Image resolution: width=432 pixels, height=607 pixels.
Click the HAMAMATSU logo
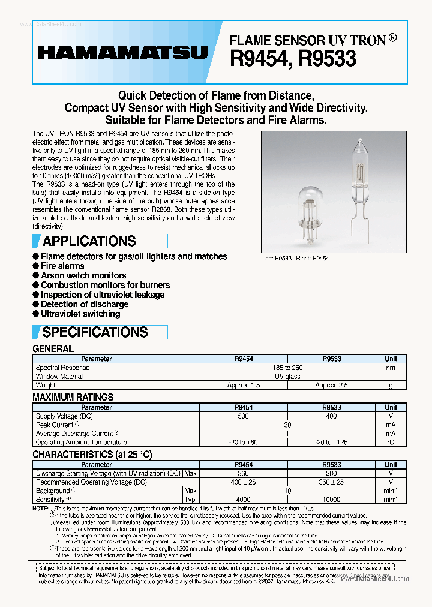[122, 53]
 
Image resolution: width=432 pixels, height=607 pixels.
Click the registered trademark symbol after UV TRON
[392, 38]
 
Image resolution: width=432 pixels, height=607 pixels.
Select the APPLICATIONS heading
[89, 241]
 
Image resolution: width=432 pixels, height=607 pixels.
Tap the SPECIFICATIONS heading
[95, 332]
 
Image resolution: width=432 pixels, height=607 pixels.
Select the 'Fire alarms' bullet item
[62, 266]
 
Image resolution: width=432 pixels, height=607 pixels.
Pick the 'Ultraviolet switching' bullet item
[80, 314]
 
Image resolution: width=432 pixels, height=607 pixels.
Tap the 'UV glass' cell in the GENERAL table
[287, 377]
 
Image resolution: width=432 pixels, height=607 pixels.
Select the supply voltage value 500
[244, 416]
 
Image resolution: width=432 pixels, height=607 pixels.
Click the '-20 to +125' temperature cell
[332, 442]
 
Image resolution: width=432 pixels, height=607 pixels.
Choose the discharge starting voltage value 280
[331, 473]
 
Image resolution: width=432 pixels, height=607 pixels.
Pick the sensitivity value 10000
[331, 500]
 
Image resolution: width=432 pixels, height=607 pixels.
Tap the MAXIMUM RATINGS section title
[73, 397]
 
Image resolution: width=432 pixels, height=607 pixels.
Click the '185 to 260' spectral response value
[287, 368]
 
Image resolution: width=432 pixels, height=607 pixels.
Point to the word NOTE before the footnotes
[40, 509]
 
